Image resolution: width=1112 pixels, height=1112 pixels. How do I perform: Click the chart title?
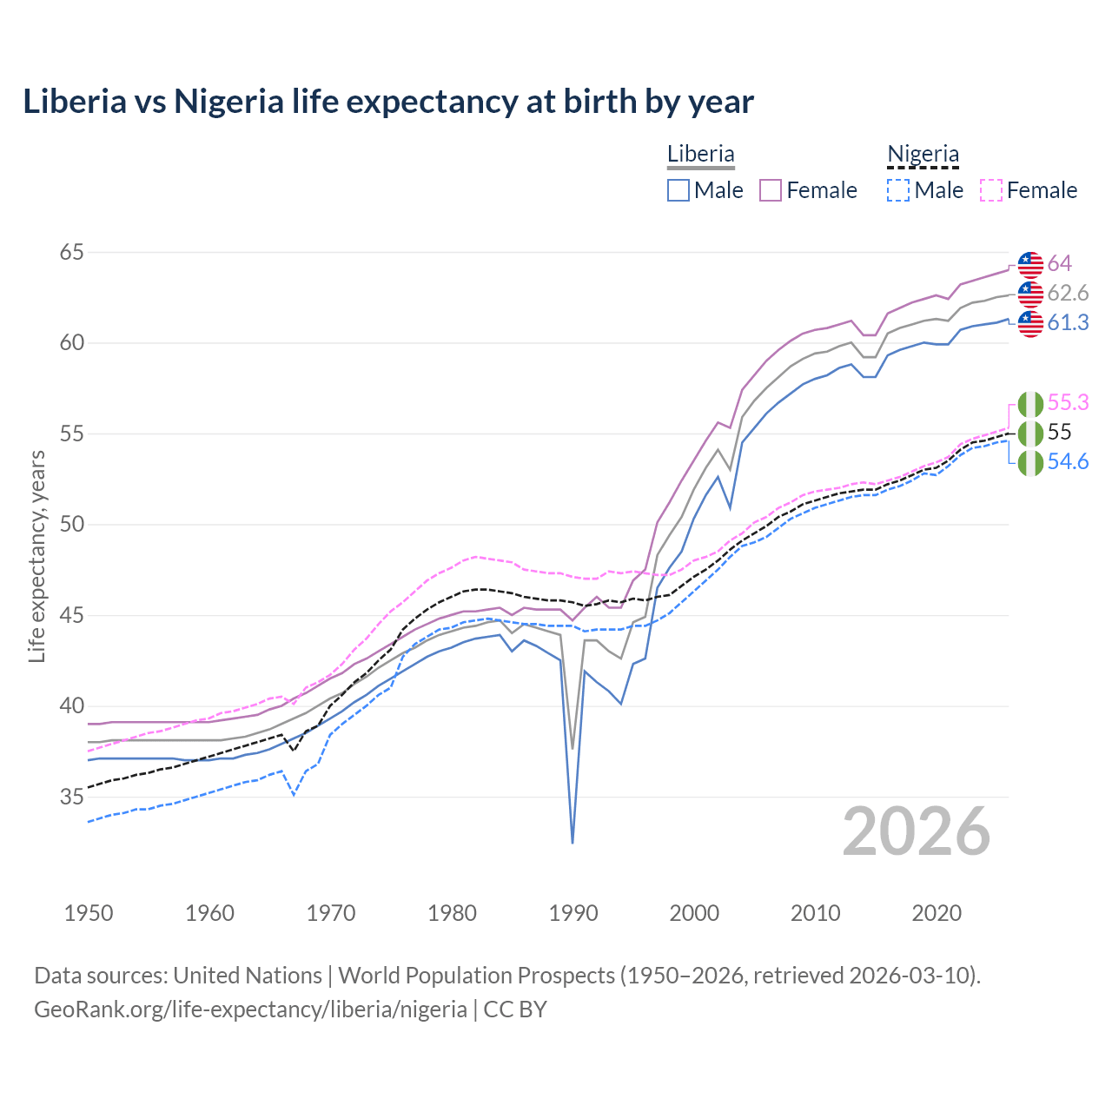click(x=388, y=102)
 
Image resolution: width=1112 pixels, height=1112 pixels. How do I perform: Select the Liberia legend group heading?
click(x=700, y=155)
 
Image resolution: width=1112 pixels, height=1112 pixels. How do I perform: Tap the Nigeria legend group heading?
click(x=923, y=155)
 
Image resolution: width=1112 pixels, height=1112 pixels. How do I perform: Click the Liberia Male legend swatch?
click(x=678, y=190)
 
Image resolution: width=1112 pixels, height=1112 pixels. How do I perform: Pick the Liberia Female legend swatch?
click(x=771, y=190)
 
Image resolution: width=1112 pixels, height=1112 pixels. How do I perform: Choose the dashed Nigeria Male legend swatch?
click(x=898, y=190)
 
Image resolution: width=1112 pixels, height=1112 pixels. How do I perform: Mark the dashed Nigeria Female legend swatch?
click(x=991, y=190)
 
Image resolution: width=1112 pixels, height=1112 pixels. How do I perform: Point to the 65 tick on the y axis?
click(x=72, y=253)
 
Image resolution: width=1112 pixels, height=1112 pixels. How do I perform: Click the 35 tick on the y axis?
click(x=72, y=797)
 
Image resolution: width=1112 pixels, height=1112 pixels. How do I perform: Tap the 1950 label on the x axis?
click(x=89, y=913)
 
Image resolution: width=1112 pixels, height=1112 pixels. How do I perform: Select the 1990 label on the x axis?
click(x=573, y=913)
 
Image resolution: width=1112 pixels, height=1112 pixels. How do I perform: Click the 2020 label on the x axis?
click(x=937, y=913)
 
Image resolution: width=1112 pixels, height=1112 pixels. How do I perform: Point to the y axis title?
click(x=37, y=556)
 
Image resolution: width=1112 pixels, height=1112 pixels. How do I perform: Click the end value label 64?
click(x=1059, y=263)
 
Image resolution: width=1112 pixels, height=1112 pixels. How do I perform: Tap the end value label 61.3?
click(x=1068, y=322)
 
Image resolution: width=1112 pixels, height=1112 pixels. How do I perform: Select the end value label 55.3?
click(x=1068, y=402)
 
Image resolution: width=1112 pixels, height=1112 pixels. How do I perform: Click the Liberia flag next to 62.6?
click(x=1030, y=294)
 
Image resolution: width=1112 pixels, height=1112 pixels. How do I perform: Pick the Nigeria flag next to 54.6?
click(x=1030, y=462)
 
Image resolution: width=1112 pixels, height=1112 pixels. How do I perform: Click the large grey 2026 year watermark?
click(x=917, y=831)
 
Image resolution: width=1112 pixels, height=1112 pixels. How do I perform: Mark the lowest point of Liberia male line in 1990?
click(x=573, y=843)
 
